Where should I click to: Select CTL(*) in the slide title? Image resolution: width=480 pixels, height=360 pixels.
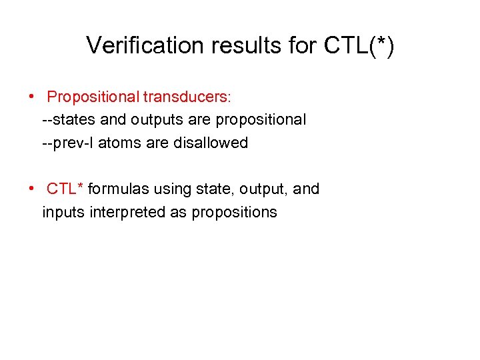point(359,45)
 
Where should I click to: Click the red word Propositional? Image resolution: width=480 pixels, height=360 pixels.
point(93,97)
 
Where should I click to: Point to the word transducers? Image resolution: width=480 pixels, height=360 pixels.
point(186,97)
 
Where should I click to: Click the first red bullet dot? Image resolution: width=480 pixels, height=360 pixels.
point(32,96)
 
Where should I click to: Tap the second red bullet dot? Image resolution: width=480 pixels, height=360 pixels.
point(32,188)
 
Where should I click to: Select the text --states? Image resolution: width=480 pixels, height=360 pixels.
point(65,120)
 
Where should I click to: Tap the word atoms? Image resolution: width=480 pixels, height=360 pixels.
point(117,143)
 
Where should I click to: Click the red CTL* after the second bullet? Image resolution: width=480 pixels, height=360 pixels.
point(65,189)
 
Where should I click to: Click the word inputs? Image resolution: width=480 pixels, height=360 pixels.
point(61,213)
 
